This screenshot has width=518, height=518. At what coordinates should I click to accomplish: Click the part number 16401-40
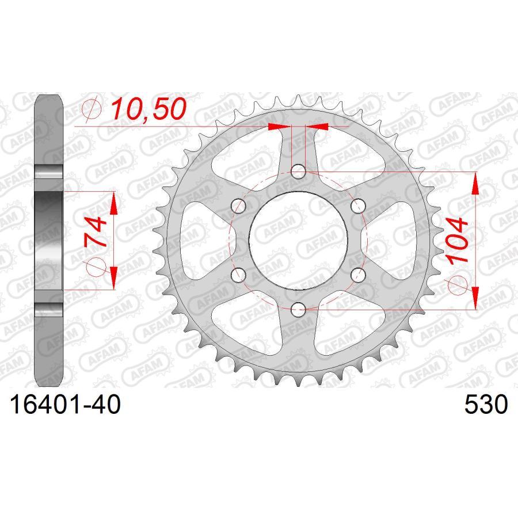coord(63,405)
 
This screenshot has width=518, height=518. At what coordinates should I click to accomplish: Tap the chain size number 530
coord(486,405)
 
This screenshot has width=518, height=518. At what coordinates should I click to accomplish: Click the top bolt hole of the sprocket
coord(298,171)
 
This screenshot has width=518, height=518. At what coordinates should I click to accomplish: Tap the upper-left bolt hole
coord(238,206)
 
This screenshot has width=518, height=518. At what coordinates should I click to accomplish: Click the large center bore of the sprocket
coord(298,241)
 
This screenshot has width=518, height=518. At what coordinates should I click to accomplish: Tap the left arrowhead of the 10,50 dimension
coord(277,126)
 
